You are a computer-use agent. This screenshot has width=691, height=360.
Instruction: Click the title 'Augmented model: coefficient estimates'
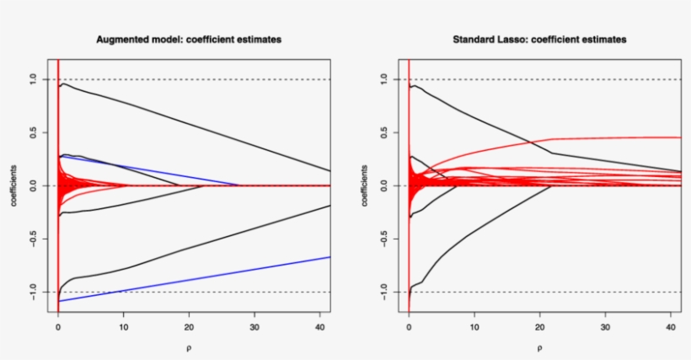pyautogui.click(x=189, y=40)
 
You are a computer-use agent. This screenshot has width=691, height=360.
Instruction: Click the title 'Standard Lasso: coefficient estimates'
pyautogui.click(x=539, y=40)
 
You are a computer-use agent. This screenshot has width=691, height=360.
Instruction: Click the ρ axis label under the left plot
pyautogui.click(x=189, y=346)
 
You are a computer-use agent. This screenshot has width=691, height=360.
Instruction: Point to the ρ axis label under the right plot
pyautogui.click(x=539, y=346)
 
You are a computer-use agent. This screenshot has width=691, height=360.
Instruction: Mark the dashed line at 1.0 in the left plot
pyautogui.click(x=211, y=79)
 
